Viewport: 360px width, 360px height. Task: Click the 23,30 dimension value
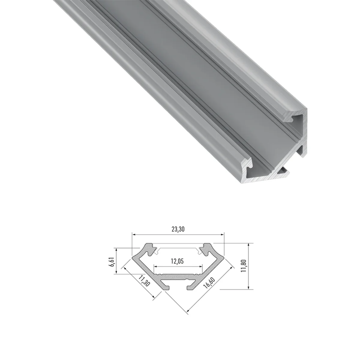tap(178, 229)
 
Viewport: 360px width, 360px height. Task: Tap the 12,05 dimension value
tap(177, 261)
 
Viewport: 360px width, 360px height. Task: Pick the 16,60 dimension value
tap(209, 283)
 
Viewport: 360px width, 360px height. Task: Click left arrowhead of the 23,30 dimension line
tap(134, 235)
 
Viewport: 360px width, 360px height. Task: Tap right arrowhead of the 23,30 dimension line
tap(222, 235)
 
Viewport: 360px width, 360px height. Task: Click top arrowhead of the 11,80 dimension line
tap(248, 245)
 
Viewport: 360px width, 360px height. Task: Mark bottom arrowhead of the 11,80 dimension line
tap(248, 292)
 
